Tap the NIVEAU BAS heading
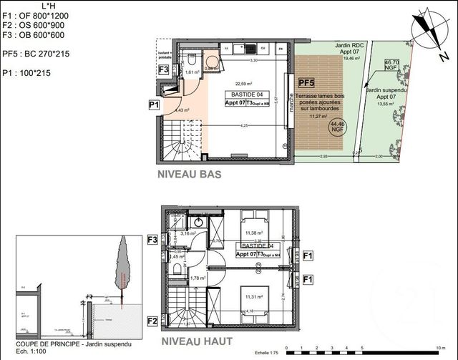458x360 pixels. [x=189, y=174]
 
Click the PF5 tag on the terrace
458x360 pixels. [x=306, y=83]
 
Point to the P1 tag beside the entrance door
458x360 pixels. [x=153, y=105]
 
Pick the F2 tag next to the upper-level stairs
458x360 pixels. [x=152, y=321]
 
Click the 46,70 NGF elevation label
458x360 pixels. [x=391, y=66]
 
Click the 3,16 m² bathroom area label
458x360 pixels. [x=188, y=233]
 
